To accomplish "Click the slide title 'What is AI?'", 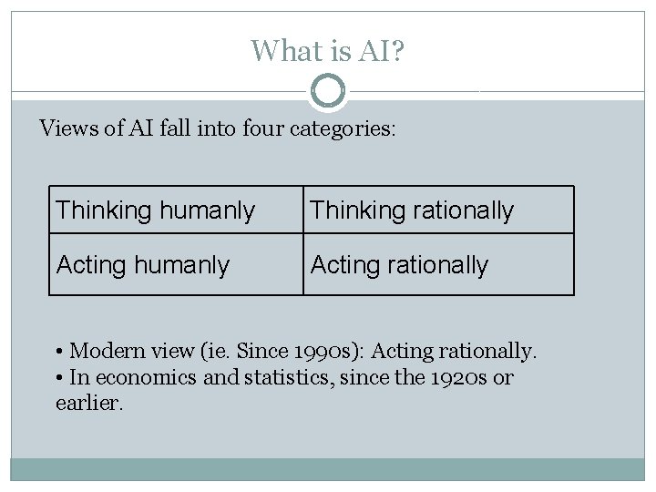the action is pyautogui.click(x=328, y=50).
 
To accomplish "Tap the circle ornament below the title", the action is pyautogui.click(x=328, y=91).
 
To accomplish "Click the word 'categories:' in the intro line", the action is pyautogui.click(x=343, y=128).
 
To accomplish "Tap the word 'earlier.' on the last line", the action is pyautogui.click(x=88, y=403).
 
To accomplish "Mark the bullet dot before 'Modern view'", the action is pyautogui.click(x=58, y=352).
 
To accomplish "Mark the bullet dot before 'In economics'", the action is pyautogui.click(x=58, y=378).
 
